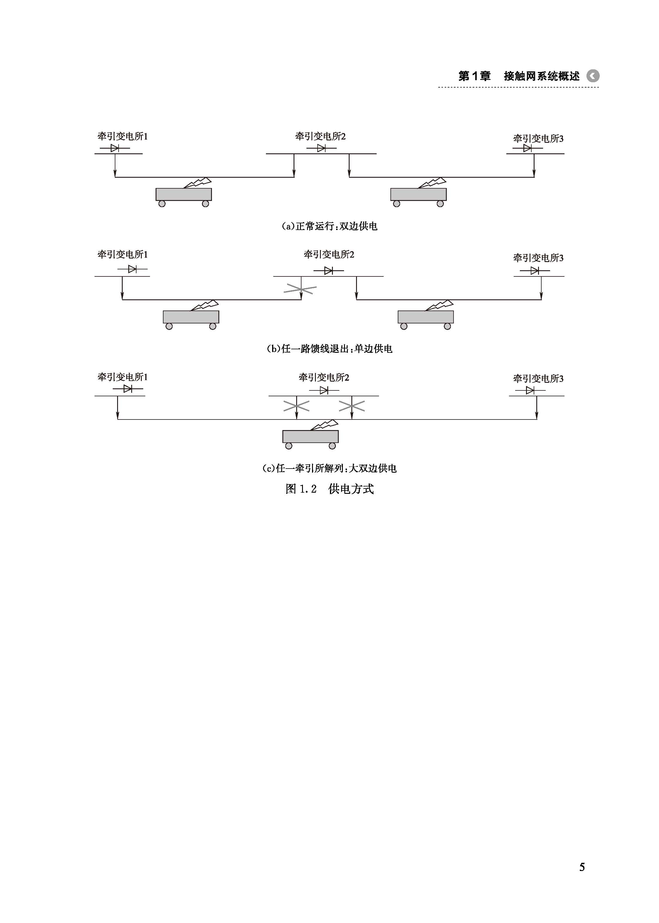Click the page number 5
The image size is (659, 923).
point(582,867)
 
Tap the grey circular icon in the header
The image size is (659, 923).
point(593,76)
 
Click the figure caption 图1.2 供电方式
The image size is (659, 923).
point(329,489)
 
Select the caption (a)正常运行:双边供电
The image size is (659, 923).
point(329,226)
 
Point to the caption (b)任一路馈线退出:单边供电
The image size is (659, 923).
point(329,349)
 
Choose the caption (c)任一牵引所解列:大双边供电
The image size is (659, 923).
point(329,468)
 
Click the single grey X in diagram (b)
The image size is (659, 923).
point(300,289)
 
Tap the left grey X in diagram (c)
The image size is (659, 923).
point(296,406)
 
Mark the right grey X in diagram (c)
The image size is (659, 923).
point(352,406)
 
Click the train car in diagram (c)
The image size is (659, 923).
point(311,437)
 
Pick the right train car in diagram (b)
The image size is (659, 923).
point(426,317)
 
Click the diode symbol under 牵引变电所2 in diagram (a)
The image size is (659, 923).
point(321,148)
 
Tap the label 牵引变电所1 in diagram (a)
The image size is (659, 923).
point(122,136)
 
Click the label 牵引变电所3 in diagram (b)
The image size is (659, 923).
point(538,258)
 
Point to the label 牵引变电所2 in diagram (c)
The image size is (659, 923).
point(324,378)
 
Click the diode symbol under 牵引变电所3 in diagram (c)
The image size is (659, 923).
point(530,390)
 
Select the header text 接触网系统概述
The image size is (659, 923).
point(541,76)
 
